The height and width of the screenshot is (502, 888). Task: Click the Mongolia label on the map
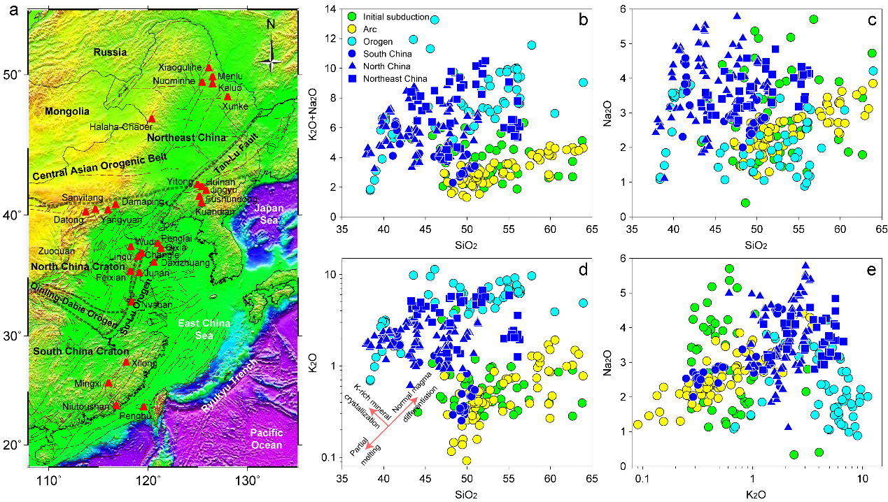click(x=67, y=111)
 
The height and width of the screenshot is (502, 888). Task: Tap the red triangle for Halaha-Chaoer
click(x=152, y=119)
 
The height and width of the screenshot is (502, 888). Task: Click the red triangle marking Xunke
click(x=227, y=96)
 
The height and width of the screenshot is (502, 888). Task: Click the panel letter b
click(x=582, y=17)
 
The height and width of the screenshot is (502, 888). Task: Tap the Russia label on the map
click(x=111, y=52)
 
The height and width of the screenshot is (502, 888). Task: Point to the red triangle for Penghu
click(x=144, y=407)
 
